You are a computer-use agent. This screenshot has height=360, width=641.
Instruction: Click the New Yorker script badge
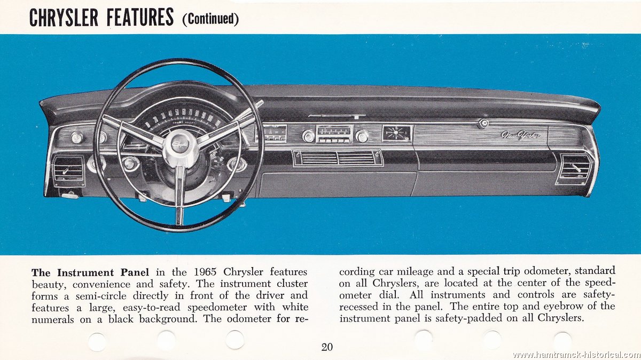coord(520,135)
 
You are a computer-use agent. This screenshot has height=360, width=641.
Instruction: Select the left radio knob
coord(309,136)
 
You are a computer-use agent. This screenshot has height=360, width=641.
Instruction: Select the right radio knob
coord(362,137)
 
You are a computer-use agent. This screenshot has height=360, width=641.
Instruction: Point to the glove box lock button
coord(483,123)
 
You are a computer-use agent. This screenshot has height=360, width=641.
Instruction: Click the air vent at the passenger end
coord(574,169)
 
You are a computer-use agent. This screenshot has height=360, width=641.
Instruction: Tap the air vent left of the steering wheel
coord(68,170)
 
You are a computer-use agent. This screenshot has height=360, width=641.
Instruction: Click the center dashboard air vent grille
coord(338,158)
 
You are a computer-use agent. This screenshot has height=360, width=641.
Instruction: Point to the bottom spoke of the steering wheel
coord(179,194)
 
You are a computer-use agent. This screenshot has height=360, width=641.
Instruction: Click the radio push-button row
coord(334,140)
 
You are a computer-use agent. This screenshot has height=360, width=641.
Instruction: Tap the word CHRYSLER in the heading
coord(64,18)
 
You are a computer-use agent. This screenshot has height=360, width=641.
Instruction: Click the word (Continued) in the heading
coord(210,19)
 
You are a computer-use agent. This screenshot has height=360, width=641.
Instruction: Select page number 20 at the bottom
coord(327,347)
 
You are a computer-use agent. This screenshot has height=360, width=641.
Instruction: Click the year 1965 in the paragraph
coord(205,272)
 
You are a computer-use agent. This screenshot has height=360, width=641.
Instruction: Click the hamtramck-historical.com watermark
coord(576,355)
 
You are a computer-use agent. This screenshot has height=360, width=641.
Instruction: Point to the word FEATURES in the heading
coord(140,18)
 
